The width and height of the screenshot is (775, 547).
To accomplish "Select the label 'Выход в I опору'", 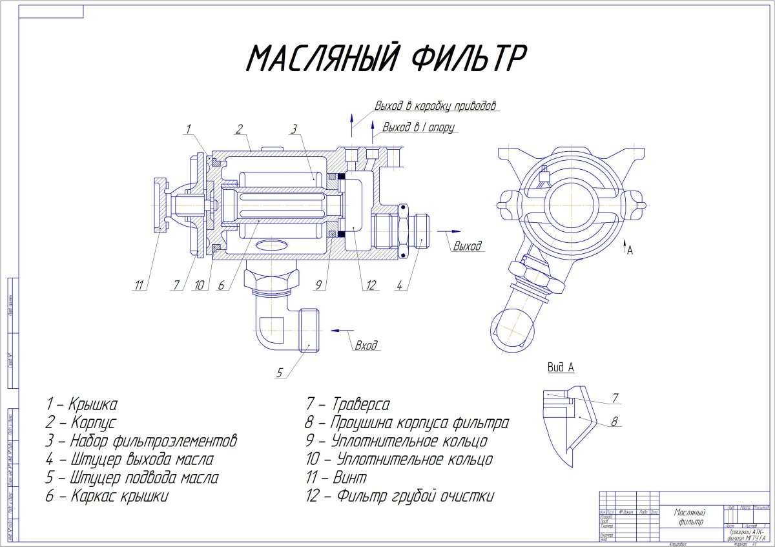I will [x=420, y=127].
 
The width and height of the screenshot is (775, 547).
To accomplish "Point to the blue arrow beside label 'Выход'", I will [x=451, y=231].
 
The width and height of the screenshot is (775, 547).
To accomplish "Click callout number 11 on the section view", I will [x=138, y=286].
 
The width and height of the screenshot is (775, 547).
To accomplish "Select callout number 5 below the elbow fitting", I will [x=280, y=372].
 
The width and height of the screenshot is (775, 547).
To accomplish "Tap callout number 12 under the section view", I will [x=371, y=286].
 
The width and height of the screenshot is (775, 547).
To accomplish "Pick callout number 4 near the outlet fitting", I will [x=400, y=286].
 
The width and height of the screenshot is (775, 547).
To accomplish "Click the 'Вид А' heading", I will [x=561, y=367].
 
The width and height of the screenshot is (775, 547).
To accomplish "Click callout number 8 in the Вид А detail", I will [x=614, y=422].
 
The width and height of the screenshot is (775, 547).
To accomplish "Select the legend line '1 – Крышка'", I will [x=81, y=405].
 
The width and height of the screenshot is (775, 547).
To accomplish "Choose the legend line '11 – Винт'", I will [x=336, y=478].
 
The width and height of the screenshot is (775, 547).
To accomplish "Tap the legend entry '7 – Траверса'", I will [x=348, y=405].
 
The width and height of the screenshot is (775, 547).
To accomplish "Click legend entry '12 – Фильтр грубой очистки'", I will [x=400, y=496].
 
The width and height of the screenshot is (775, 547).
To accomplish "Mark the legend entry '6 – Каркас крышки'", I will [x=107, y=496].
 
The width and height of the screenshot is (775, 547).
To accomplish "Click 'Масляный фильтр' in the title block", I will [x=690, y=517].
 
